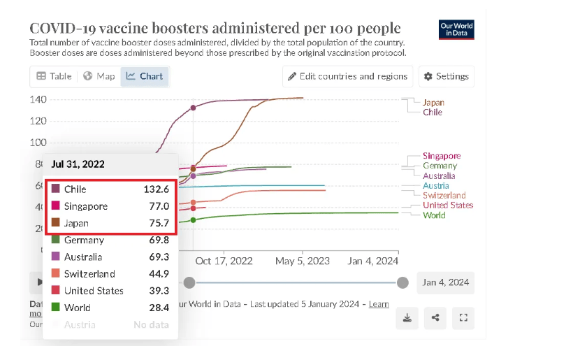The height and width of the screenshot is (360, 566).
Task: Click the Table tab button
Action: (x=54, y=76)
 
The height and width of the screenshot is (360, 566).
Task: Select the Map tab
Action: (x=99, y=76)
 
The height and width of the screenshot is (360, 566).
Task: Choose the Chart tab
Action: (x=145, y=76)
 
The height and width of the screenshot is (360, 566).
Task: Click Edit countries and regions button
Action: (x=346, y=76)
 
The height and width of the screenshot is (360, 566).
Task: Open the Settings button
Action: (x=446, y=76)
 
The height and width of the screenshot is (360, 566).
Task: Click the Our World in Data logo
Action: (x=456, y=30)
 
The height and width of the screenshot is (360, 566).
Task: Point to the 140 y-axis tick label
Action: (x=38, y=99)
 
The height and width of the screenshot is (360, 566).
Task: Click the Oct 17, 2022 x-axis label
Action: (x=224, y=261)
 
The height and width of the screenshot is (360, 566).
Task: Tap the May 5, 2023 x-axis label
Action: (x=303, y=261)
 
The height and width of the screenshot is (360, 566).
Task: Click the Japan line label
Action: (x=433, y=102)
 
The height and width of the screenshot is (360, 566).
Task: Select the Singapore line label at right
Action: (x=442, y=156)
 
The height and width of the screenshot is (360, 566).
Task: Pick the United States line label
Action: (x=448, y=206)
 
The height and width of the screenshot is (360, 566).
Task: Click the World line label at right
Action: (x=434, y=215)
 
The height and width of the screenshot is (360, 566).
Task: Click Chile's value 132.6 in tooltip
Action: (x=157, y=189)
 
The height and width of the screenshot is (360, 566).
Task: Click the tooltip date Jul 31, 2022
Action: (x=78, y=164)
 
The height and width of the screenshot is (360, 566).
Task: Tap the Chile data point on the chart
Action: (x=194, y=108)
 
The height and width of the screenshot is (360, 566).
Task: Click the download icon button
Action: (x=407, y=317)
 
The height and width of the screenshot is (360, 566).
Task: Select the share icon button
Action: (x=435, y=317)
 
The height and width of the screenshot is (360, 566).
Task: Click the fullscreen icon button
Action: (x=463, y=317)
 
